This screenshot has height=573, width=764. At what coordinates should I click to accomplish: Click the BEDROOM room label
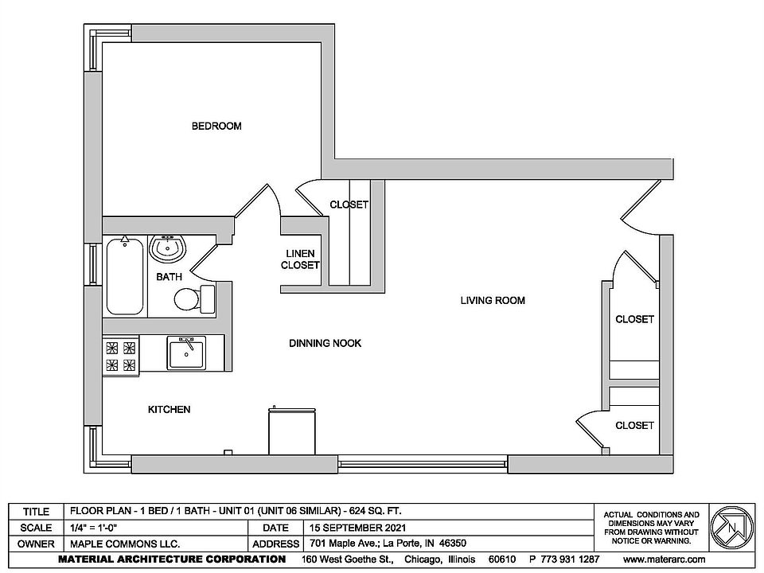[x=216, y=126]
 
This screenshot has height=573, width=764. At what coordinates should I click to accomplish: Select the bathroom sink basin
[x=168, y=249]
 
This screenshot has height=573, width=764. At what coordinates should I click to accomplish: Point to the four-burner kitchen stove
[x=121, y=356]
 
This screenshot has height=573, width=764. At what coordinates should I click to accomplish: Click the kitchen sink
[x=186, y=352]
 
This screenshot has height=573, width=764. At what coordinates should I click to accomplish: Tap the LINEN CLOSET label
[x=300, y=259]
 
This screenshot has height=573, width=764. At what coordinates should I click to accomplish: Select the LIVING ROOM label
[x=493, y=300]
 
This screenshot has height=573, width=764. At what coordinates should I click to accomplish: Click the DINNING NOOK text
[x=325, y=343]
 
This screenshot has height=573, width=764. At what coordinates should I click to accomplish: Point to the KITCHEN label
[x=169, y=409]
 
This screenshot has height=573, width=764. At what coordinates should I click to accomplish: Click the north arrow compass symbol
[x=730, y=526]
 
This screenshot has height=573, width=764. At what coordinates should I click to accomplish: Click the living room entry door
[x=641, y=205]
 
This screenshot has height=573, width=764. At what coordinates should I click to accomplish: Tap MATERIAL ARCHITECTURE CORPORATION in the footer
[x=172, y=559]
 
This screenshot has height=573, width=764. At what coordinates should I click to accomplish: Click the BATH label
[x=168, y=277]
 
